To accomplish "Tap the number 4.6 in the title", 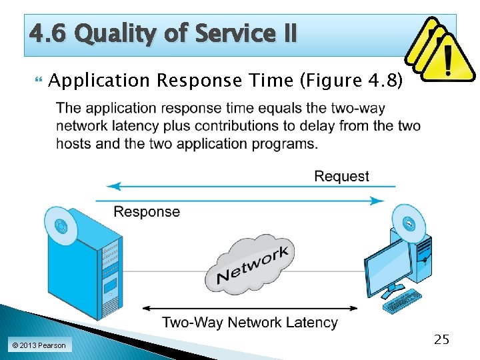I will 49,33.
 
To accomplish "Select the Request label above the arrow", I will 341,177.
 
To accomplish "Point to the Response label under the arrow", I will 147,212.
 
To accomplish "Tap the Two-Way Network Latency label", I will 250,323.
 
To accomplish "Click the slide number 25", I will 441,340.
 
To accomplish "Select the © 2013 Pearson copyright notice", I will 39,345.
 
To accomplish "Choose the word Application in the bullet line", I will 99,81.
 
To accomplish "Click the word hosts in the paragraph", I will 73,143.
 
